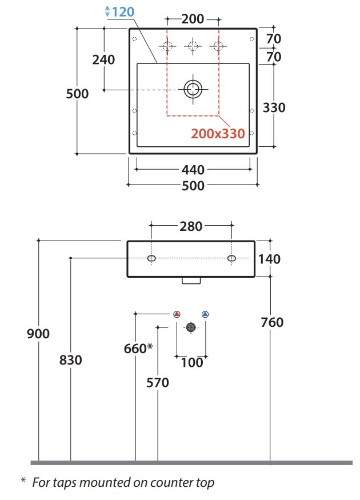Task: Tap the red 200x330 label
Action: coord(218,134)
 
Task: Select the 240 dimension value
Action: coord(103,59)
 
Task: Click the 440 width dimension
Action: coord(193,170)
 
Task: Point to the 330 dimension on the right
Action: coord(274,107)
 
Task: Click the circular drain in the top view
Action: coord(193,89)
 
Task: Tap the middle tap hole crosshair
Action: coord(193,46)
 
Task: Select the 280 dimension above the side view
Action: coord(191,226)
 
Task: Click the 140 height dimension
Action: coord(269,259)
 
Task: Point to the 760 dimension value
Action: coord(271,322)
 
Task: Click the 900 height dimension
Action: coord(38,334)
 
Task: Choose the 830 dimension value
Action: coord(70,360)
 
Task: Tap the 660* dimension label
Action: coord(138,348)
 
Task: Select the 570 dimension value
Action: coord(157,382)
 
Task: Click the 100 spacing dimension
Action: coord(191,362)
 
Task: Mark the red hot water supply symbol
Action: coord(177,314)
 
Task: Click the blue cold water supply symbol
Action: coord(205,314)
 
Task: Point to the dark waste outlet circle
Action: coord(191,327)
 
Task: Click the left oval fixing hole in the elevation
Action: coord(151,259)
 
